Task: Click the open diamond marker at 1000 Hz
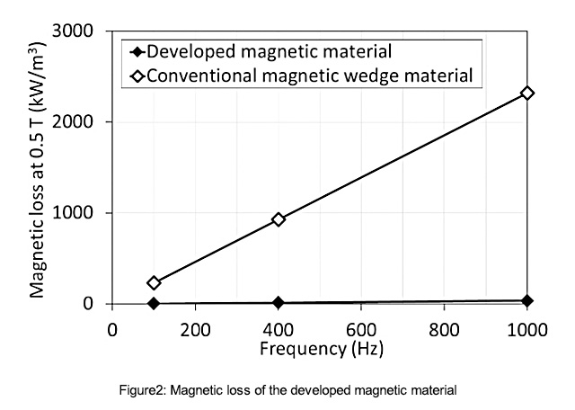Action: click(x=527, y=93)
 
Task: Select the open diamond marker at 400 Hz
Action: click(x=279, y=219)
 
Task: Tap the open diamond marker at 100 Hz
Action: click(x=154, y=282)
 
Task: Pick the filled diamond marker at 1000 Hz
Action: click(x=527, y=300)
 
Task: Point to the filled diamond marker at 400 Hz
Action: click(x=279, y=303)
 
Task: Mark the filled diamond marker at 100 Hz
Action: click(x=154, y=304)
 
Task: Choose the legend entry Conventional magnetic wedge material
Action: click(x=309, y=76)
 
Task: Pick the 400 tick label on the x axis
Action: click(x=279, y=329)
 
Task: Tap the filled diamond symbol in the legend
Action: click(x=137, y=52)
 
